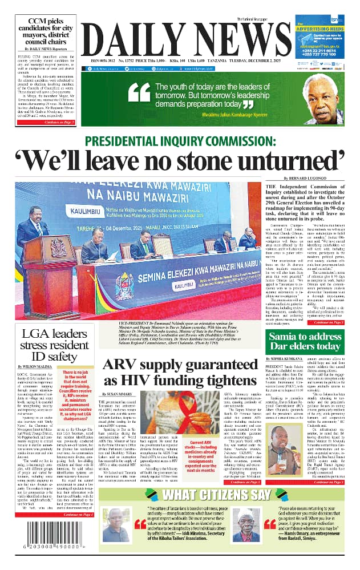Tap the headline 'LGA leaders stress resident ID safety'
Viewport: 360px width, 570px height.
(x=48, y=344)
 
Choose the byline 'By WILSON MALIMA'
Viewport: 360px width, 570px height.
(x=37, y=365)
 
